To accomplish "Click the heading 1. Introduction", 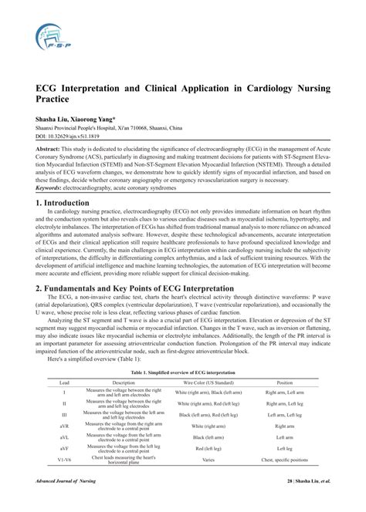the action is (x=63, y=202).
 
